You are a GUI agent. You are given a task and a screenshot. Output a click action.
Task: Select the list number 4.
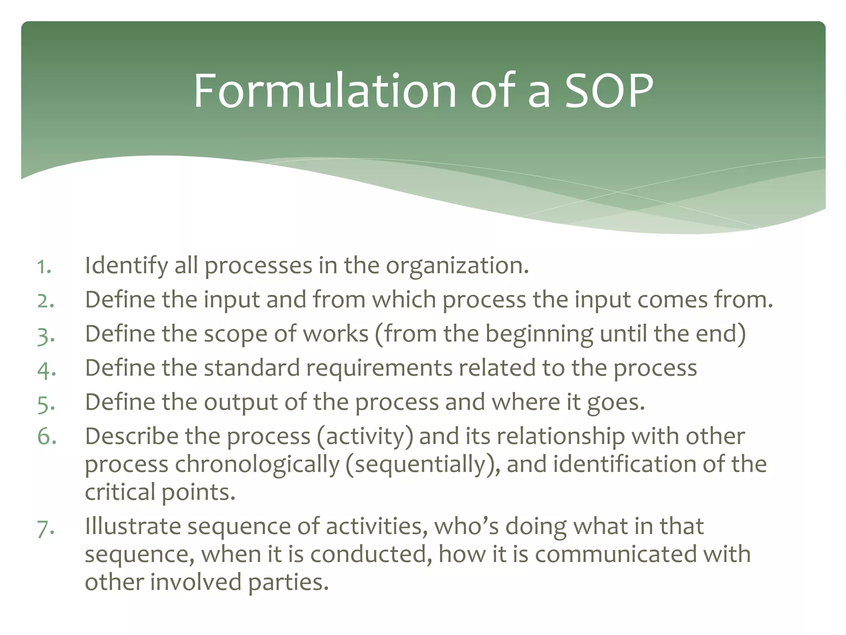coord(45,369)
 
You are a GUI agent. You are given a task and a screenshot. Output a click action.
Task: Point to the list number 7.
coord(45,528)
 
